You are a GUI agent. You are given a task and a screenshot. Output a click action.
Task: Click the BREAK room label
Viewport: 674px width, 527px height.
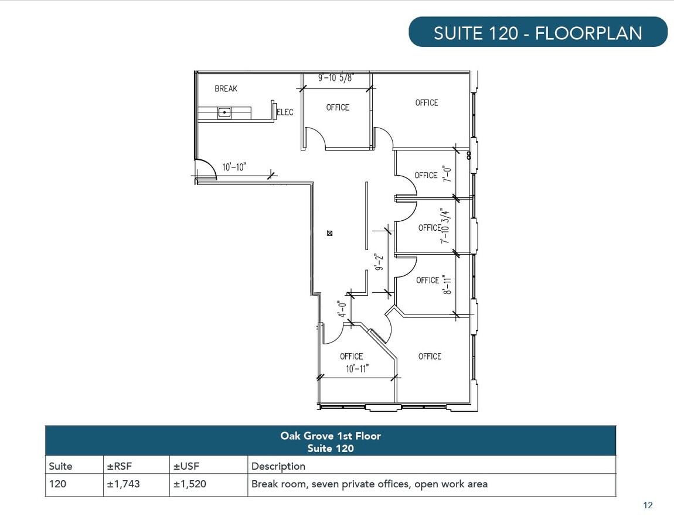click(x=226, y=88)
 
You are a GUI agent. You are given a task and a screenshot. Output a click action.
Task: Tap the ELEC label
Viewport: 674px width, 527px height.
click(x=285, y=112)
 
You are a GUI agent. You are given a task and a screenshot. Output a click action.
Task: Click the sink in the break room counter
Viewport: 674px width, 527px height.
click(x=224, y=112)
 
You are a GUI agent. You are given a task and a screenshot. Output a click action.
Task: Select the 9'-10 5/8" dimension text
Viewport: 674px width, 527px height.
click(x=336, y=78)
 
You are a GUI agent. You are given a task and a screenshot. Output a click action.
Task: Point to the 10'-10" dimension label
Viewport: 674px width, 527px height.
click(x=234, y=167)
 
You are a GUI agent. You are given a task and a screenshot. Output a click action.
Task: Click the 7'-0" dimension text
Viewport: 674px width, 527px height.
click(x=447, y=174)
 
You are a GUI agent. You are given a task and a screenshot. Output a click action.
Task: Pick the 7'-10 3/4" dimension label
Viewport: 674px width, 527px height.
click(x=445, y=226)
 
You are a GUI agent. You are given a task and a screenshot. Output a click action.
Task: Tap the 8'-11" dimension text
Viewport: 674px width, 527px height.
click(x=447, y=285)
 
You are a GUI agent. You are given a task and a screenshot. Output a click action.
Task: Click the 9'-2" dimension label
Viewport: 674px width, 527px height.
click(x=379, y=262)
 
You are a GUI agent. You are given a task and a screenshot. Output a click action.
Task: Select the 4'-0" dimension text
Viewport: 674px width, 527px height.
click(x=342, y=309)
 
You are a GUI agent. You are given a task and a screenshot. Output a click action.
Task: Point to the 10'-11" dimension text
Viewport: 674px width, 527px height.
click(x=358, y=368)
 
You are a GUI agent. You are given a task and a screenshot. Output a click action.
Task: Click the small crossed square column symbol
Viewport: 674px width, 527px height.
click(x=330, y=233)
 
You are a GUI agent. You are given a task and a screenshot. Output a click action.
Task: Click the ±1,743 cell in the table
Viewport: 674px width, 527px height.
click(x=123, y=484)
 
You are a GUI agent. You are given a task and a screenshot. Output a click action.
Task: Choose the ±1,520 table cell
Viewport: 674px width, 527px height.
click(x=189, y=484)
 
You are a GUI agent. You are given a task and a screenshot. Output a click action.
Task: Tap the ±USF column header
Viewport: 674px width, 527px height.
click(x=186, y=466)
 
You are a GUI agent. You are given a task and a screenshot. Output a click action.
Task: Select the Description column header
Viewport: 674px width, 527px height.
click(x=278, y=466)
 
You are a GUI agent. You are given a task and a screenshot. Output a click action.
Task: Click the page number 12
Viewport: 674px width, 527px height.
click(x=648, y=505)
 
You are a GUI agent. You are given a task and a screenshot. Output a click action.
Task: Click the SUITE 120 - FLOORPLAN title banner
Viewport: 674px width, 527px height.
click(x=538, y=32)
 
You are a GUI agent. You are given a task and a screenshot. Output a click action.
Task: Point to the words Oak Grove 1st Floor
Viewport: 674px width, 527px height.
click(x=331, y=436)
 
